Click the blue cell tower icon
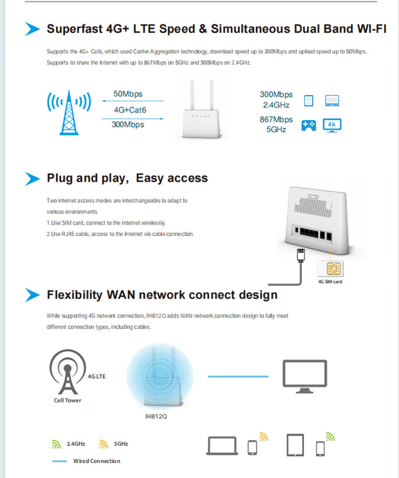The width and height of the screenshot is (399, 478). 69,112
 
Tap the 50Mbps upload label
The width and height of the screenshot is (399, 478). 128,94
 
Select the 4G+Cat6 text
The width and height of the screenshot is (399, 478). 130,110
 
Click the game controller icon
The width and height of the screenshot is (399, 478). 308,125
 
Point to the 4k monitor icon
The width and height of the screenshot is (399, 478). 332,126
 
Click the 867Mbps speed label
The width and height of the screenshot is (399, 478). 276,120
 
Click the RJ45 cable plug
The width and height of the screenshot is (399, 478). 301,254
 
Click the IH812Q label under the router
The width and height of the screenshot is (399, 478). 156,416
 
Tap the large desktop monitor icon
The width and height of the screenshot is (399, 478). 305,376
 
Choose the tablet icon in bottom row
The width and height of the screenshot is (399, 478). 295,445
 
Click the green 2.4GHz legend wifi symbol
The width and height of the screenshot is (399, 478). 56,444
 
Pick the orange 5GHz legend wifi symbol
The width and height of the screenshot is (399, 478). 103,444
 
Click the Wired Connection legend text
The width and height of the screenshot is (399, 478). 96,461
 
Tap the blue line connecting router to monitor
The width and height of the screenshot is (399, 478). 238,377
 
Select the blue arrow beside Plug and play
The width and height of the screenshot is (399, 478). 32,178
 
